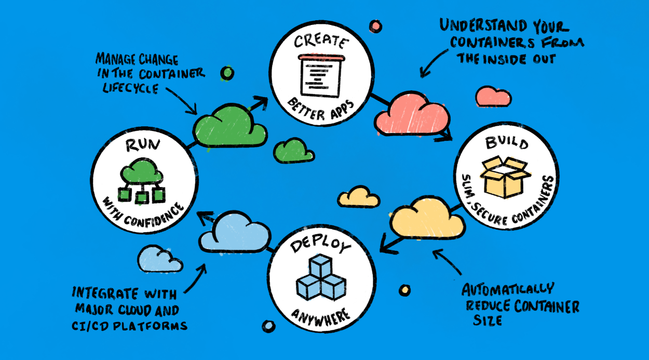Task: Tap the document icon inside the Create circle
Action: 321,75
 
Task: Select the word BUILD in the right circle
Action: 506,143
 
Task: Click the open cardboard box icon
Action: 506,177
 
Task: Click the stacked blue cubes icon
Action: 321,277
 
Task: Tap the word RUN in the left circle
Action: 143,145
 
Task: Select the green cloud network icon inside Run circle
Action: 142,181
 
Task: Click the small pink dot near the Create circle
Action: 375,26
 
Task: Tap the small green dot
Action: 227,73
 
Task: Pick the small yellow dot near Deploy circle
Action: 404,290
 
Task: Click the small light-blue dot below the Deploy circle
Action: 268,326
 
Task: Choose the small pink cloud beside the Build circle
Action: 493,97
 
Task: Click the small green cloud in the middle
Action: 293,151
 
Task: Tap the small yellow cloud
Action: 359,197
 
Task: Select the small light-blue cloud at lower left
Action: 159,259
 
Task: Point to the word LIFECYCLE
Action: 131,88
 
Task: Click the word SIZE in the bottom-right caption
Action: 488,321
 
